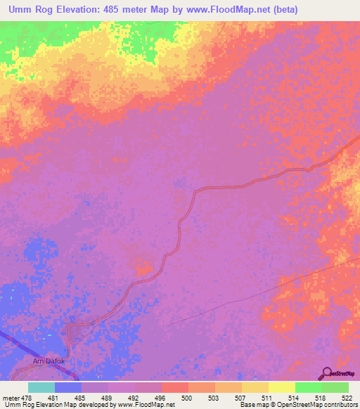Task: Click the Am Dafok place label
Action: click(x=49, y=361)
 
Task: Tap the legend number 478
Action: click(x=28, y=397)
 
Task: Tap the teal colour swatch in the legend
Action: click(x=41, y=387)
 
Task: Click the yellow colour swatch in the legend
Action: click(x=281, y=387)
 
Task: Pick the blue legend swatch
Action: click(x=68, y=387)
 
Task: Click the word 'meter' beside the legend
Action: click(x=11, y=397)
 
